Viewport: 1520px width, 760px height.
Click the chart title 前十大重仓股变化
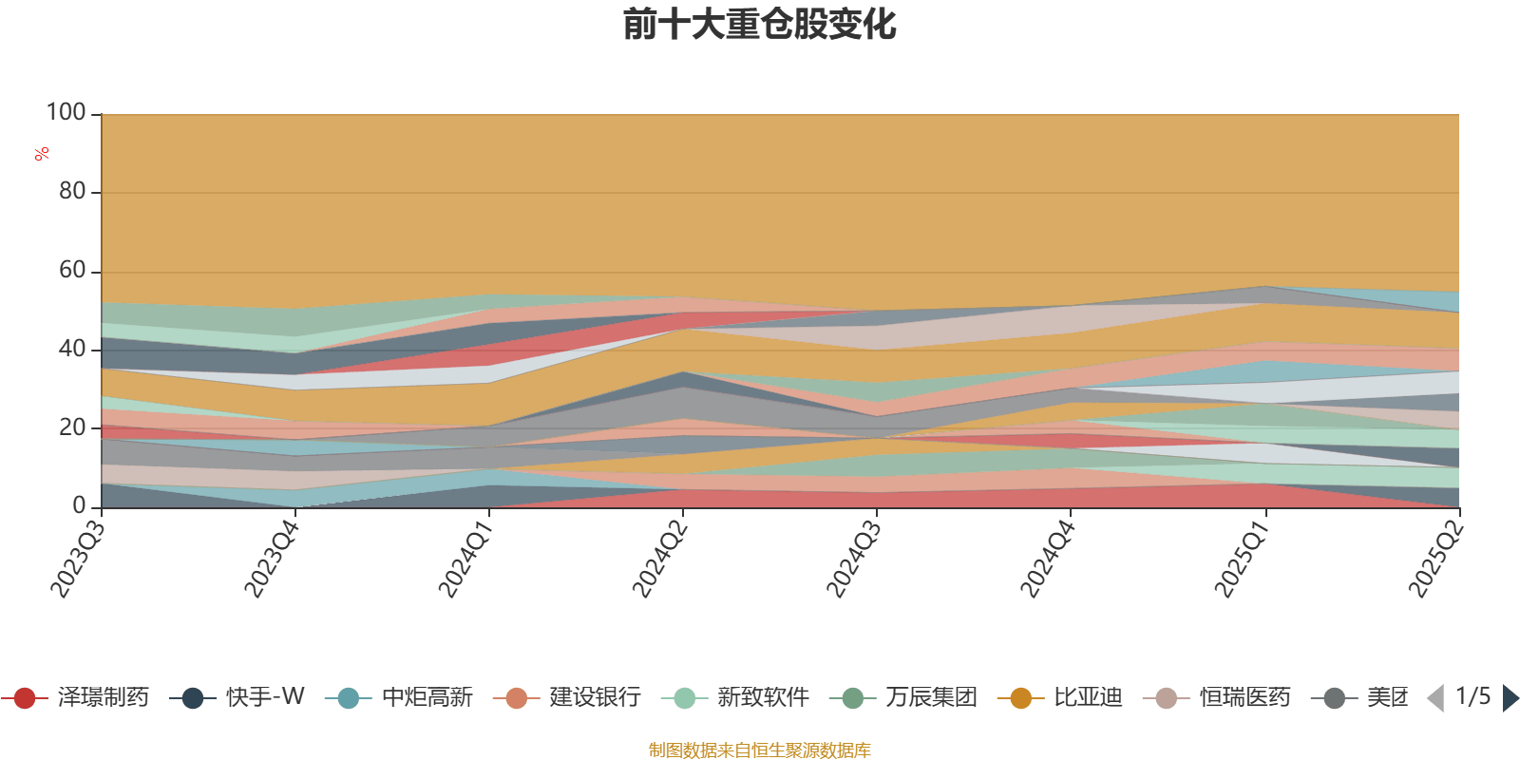[759, 25]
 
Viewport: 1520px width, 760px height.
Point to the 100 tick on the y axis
[66, 113]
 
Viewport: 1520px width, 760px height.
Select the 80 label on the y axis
[72, 192]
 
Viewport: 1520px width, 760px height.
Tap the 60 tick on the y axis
[72, 271]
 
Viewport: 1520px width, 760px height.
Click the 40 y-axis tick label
[72, 350]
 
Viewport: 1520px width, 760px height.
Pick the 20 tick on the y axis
[72, 428]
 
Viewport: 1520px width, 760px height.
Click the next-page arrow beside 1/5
[1510, 698]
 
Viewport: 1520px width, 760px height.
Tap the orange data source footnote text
[759, 750]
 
